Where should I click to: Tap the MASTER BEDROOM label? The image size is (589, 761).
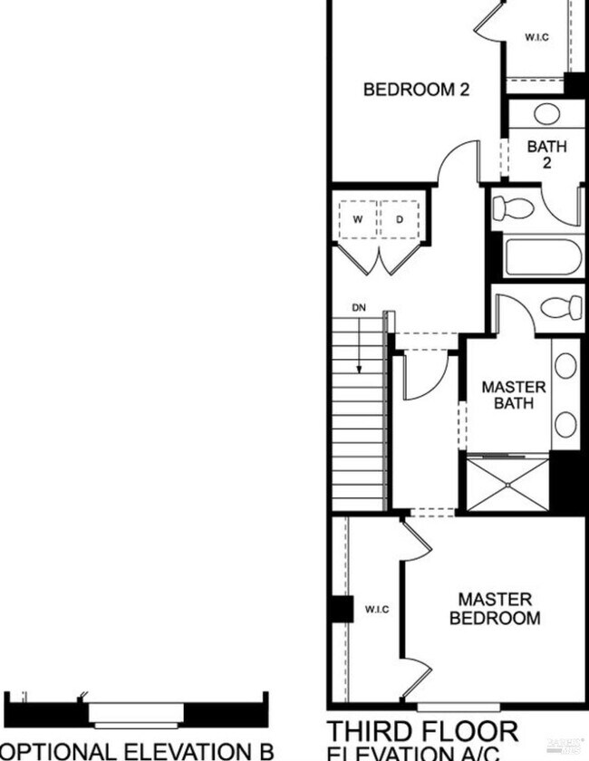(x=495, y=609)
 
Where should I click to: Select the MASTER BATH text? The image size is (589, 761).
(x=513, y=394)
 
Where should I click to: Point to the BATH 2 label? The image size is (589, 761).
(x=546, y=154)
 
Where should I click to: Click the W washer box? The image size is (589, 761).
(x=358, y=220)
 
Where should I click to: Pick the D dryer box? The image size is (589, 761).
(x=400, y=220)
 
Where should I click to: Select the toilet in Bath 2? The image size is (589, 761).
(x=514, y=208)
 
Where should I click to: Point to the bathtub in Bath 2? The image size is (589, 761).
(x=542, y=257)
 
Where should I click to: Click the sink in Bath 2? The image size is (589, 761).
(x=546, y=115)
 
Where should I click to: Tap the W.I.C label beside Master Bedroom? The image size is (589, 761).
(x=377, y=609)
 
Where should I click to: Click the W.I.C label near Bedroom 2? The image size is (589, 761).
(x=536, y=37)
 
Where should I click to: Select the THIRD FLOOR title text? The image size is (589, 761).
(x=422, y=731)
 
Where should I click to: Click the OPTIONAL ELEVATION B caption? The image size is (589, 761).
(x=136, y=750)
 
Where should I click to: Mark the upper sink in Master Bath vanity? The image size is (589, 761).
(x=565, y=366)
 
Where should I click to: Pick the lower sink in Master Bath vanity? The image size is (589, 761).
(x=565, y=423)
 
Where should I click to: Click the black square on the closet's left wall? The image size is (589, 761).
(x=342, y=609)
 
